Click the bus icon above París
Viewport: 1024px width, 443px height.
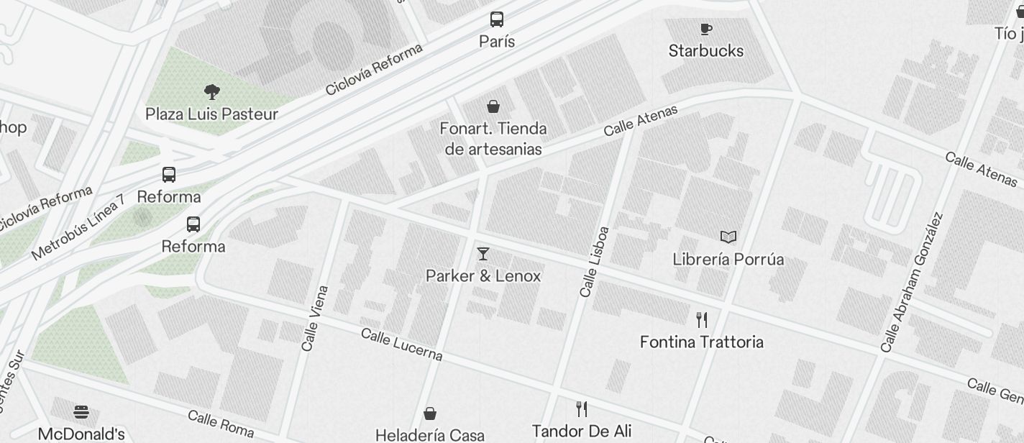click(x=497, y=19)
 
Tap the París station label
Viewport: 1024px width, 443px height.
click(x=497, y=42)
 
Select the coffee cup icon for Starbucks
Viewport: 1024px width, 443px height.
click(x=706, y=29)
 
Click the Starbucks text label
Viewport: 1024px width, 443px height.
click(x=706, y=51)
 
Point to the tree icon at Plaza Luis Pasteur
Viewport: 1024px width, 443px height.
click(x=211, y=92)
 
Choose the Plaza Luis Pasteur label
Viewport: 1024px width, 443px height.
click(x=211, y=114)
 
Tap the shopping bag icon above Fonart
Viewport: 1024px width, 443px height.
click(x=493, y=107)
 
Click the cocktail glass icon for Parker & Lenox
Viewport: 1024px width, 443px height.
click(x=483, y=254)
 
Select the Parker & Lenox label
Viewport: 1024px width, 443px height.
click(x=483, y=276)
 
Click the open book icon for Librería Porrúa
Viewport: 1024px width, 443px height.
click(x=728, y=237)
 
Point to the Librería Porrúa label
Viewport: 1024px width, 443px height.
click(x=728, y=259)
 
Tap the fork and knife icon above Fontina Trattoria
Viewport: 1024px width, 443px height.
click(x=702, y=319)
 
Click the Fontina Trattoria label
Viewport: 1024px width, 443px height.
click(x=702, y=342)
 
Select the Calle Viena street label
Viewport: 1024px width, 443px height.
click(x=315, y=319)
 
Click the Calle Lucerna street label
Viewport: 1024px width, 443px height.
click(x=401, y=344)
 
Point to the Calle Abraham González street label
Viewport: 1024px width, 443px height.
click(x=912, y=282)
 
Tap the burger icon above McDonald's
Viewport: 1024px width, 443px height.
click(x=81, y=412)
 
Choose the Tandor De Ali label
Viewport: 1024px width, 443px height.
click(x=582, y=431)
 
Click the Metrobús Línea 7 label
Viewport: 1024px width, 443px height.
click(x=78, y=227)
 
